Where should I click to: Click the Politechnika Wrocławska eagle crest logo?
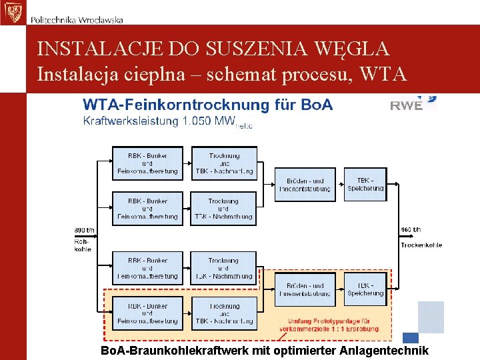point(13,12)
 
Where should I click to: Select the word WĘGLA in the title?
point(356,49)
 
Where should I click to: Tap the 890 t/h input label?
point(84,231)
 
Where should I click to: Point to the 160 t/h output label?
point(411,231)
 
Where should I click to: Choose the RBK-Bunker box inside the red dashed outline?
point(147,313)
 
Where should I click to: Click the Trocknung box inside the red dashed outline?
point(223,313)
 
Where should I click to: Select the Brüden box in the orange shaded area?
point(305,289)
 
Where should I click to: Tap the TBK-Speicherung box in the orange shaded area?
point(365,289)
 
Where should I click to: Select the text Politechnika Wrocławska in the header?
point(77,20)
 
